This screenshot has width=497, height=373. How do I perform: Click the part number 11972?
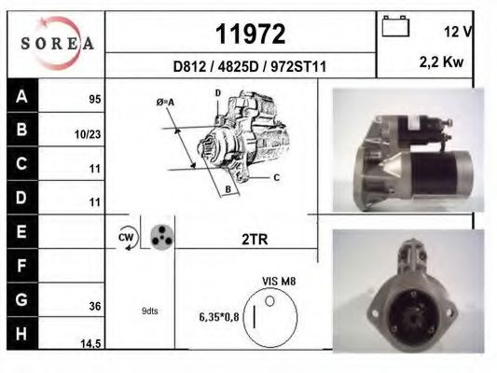coord(250,34)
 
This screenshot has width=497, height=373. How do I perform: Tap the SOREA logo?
coord(57,43)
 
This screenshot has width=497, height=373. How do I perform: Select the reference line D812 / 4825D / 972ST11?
coord(249,66)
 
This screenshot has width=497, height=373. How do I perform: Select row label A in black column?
coord(21,96)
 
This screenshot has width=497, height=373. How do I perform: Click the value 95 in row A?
coord(94,98)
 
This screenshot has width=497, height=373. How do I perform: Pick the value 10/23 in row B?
coord(87,134)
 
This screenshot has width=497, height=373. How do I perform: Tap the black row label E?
coord(21,228)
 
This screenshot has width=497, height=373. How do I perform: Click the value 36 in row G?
coord(94,304)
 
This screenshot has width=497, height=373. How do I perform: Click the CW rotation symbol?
coord(126,238)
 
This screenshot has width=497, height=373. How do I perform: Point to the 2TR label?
coord(255,239)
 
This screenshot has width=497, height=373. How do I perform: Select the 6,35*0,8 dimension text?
coord(219,317)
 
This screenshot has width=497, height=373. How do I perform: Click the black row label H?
coord(21,334)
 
